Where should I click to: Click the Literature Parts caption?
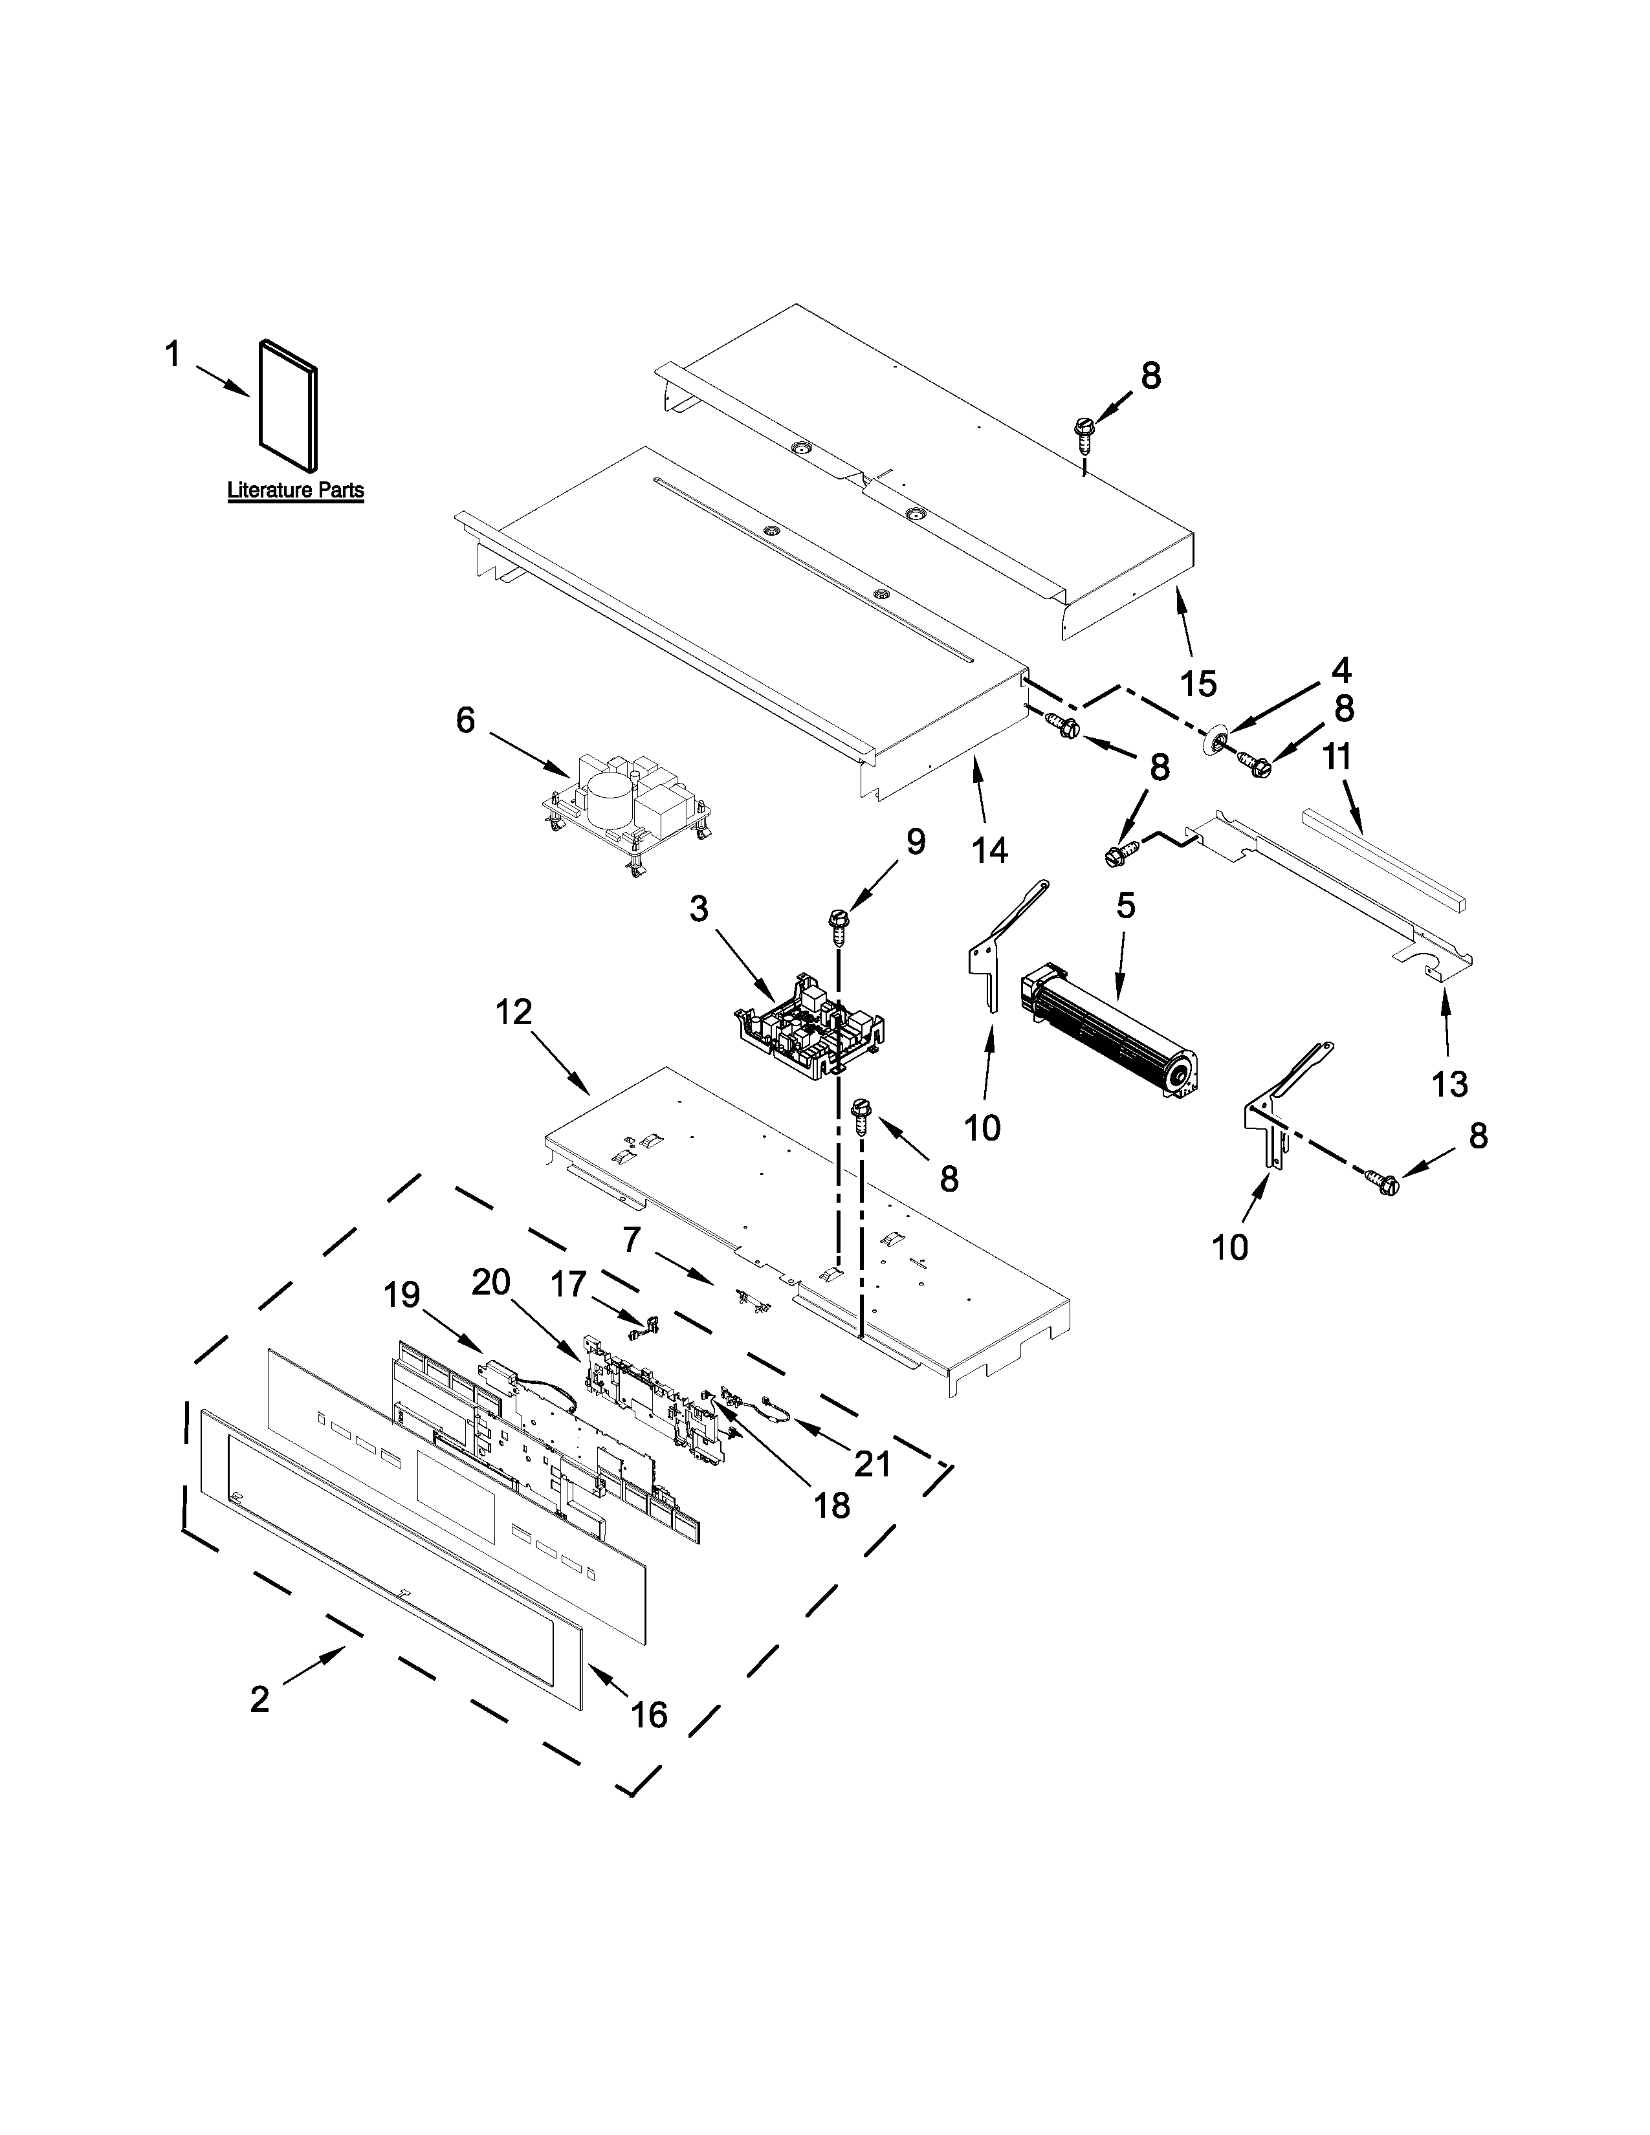click(295, 490)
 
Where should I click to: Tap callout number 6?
click(465, 721)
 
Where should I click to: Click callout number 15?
click(1198, 683)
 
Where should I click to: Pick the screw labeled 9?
click(839, 924)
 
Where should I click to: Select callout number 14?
click(990, 851)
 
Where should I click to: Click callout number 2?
click(259, 1699)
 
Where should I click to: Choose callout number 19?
click(402, 1295)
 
